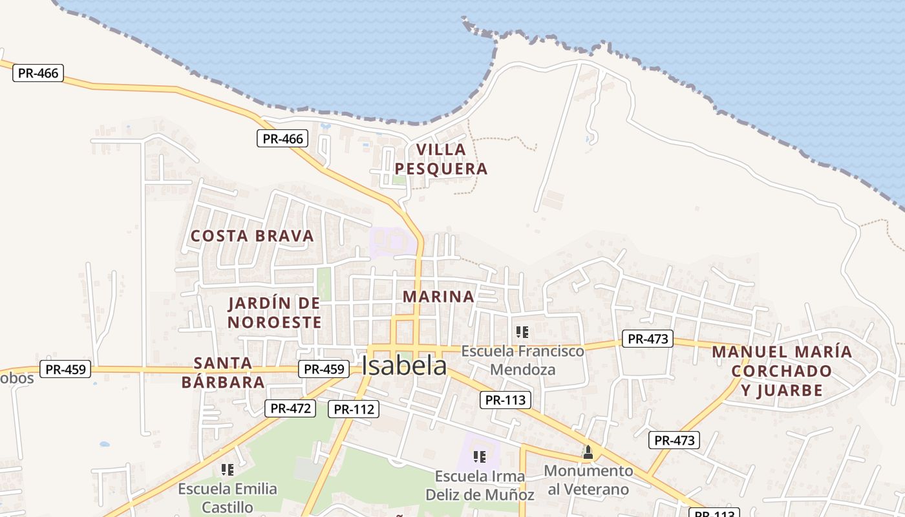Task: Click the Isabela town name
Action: click(x=404, y=366)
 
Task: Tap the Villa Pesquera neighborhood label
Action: click(x=441, y=159)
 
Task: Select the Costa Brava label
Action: click(x=252, y=236)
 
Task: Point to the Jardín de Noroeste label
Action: click(x=275, y=313)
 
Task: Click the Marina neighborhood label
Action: click(x=438, y=297)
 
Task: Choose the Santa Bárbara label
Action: click(x=223, y=372)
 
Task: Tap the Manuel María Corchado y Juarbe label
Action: click(x=782, y=371)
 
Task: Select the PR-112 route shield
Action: click(x=353, y=409)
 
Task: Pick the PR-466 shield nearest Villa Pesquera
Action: click(x=282, y=138)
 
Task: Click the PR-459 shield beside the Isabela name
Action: click(x=324, y=369)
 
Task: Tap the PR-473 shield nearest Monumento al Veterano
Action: click(x=674, y=441)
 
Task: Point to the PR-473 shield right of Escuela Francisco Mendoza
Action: click(x=647, y=339)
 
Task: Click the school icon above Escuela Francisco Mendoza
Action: click(x=522, y=332)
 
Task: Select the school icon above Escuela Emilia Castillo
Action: click(x=227, y=469)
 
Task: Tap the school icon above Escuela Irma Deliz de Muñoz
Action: click(x=479, y=457)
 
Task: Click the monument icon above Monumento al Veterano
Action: click(x=588, y=452)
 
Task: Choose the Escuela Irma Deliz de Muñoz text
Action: click(x=480, y=485)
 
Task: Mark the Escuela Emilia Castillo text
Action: click(x=228, y=498)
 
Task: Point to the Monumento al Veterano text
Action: click(x=588, y=480)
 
